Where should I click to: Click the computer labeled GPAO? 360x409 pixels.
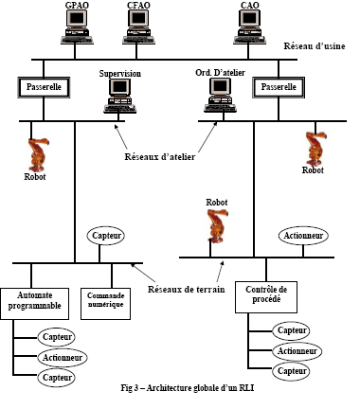(77, 27)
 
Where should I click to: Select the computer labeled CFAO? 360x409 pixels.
(138, 27)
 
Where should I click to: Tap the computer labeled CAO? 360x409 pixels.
(249, 27)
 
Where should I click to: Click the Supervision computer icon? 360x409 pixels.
(120, 96)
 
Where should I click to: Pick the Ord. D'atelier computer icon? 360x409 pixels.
(220, 95)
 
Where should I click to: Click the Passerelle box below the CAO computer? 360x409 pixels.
(279, 87)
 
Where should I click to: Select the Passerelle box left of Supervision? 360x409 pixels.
(44, 87)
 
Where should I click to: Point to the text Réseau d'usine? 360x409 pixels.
(315, 46)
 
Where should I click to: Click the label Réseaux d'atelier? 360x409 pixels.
(160, 157)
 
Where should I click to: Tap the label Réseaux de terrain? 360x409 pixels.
(187, 289)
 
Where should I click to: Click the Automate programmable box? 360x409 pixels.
(34, 304)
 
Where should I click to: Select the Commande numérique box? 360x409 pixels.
(105, 304)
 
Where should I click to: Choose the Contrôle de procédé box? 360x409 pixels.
(266, 297)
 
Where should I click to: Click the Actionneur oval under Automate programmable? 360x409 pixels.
(63, 358)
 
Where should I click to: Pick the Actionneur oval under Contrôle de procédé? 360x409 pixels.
(297, 351)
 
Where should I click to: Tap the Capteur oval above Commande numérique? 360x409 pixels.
(106, 236)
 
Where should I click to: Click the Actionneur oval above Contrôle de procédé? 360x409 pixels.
(303, 236)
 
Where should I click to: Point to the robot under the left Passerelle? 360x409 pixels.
(38, 154)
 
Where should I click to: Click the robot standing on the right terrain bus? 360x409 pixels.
(218, 226)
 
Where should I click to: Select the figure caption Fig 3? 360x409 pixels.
(188, 388)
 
